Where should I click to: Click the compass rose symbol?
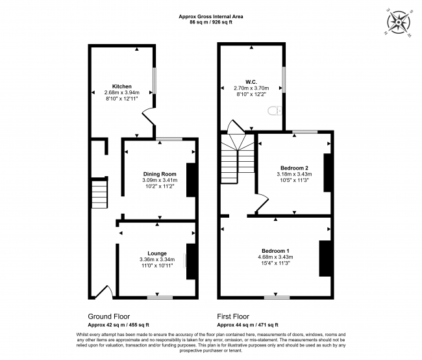(x=399, y=21)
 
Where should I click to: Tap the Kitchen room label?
(x=121, y=86)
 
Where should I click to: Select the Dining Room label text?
(x=160, y=174)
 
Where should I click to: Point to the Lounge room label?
(x=157, y=253)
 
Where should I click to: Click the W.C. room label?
(x=251, y=82)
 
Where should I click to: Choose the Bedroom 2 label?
(x=294, y=168)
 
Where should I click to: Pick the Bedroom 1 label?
(x=275, y=251)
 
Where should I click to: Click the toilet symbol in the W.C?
(x=275, y=110)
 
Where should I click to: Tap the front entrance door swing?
(x=104, y=292)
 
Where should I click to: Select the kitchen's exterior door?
(x=149, y=116)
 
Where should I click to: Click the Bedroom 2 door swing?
(x=262, y=203)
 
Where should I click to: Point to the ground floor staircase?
(x=99, y=192)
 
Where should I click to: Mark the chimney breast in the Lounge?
(x=191, y=261)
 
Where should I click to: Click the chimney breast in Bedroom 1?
(x=325, y=259)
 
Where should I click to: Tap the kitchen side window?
(x=155, y=81)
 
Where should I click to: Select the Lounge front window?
(x=160, y=298)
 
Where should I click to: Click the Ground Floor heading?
(x=108, y=316)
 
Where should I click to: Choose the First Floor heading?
(x=233, y=316)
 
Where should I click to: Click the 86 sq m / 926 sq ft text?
(x=211, y=22)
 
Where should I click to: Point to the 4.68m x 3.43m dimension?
(x=275, y=257)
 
